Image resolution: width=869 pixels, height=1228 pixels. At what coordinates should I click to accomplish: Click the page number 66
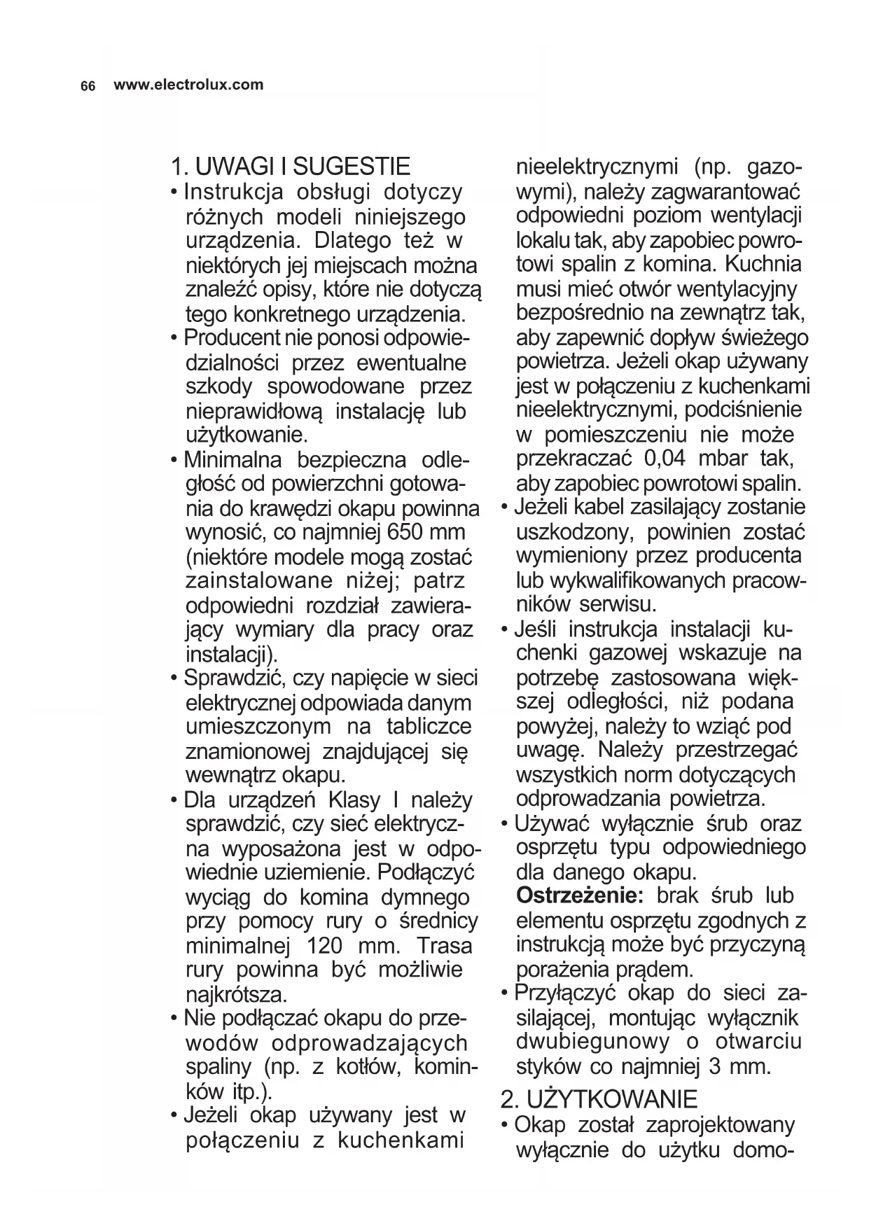[x=88, y=86]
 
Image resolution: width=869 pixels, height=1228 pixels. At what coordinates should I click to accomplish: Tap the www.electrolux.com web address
[x=188, y=85]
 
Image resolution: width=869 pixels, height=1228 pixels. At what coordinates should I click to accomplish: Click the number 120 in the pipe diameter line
[x=325, y=946]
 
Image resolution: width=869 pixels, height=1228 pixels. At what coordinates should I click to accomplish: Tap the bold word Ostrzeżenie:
[x=576, y=895]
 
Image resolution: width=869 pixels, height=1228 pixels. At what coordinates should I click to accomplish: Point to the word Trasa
[x=444, y=946]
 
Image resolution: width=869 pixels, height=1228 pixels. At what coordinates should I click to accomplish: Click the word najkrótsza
[x=236, y=994]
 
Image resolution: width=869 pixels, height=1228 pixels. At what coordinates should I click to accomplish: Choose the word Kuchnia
[x=763, y=264]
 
